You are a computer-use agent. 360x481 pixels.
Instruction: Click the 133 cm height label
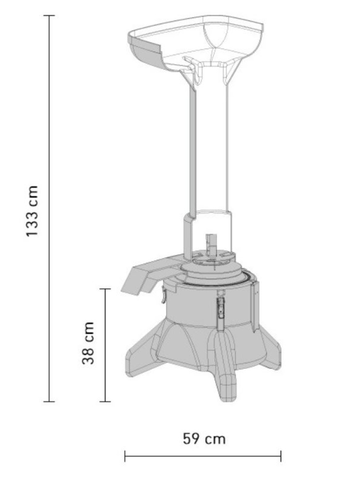coord(32,210)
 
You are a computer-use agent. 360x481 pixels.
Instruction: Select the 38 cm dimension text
coord(89,343)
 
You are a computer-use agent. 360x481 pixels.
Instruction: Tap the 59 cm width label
coord(204,439)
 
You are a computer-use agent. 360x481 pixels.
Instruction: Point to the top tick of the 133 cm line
coord(49,16)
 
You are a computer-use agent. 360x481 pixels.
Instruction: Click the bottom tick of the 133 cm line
coord(49,401)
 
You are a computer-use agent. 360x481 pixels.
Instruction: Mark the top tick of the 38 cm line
coord(105,289)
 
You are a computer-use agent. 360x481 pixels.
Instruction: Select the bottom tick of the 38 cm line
coord(105,401)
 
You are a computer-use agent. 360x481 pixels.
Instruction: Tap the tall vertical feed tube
coord(209,144)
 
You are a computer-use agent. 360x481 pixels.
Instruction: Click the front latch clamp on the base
coord(220,308)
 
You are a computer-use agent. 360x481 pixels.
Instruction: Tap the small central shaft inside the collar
coord(211,243)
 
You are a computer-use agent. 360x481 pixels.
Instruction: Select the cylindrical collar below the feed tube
coord(208,231)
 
